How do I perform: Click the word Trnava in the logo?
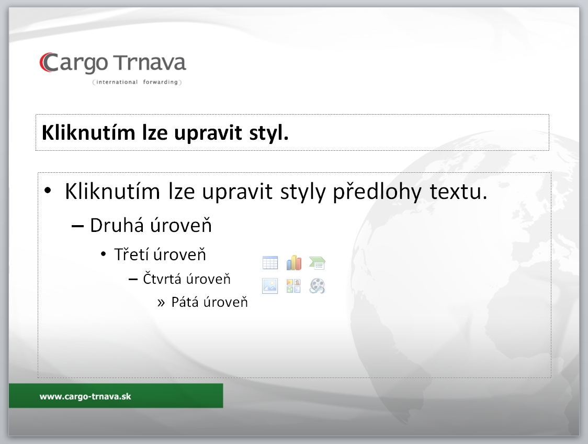(150, 63)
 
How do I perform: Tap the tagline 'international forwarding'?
(137, 82)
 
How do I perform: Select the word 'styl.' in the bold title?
(269, 133)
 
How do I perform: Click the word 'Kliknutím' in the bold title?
(88, 132)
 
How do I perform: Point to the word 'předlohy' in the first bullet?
(377, 192)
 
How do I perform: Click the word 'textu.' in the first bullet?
(458, 192)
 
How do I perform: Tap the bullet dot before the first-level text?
(48, 190)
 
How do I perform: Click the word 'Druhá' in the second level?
(117, 225)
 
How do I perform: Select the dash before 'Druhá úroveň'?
(77, 226)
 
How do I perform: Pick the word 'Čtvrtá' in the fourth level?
(162, 279)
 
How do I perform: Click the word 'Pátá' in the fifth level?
(185, 302)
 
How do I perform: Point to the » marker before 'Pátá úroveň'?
(161, 303)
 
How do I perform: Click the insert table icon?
(270, 263)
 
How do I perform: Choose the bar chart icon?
(293, 263)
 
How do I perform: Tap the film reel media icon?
(317, 286)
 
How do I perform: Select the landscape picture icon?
(270, 286)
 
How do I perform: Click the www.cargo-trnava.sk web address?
(85, 396)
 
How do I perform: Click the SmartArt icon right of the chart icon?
(317, 263)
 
